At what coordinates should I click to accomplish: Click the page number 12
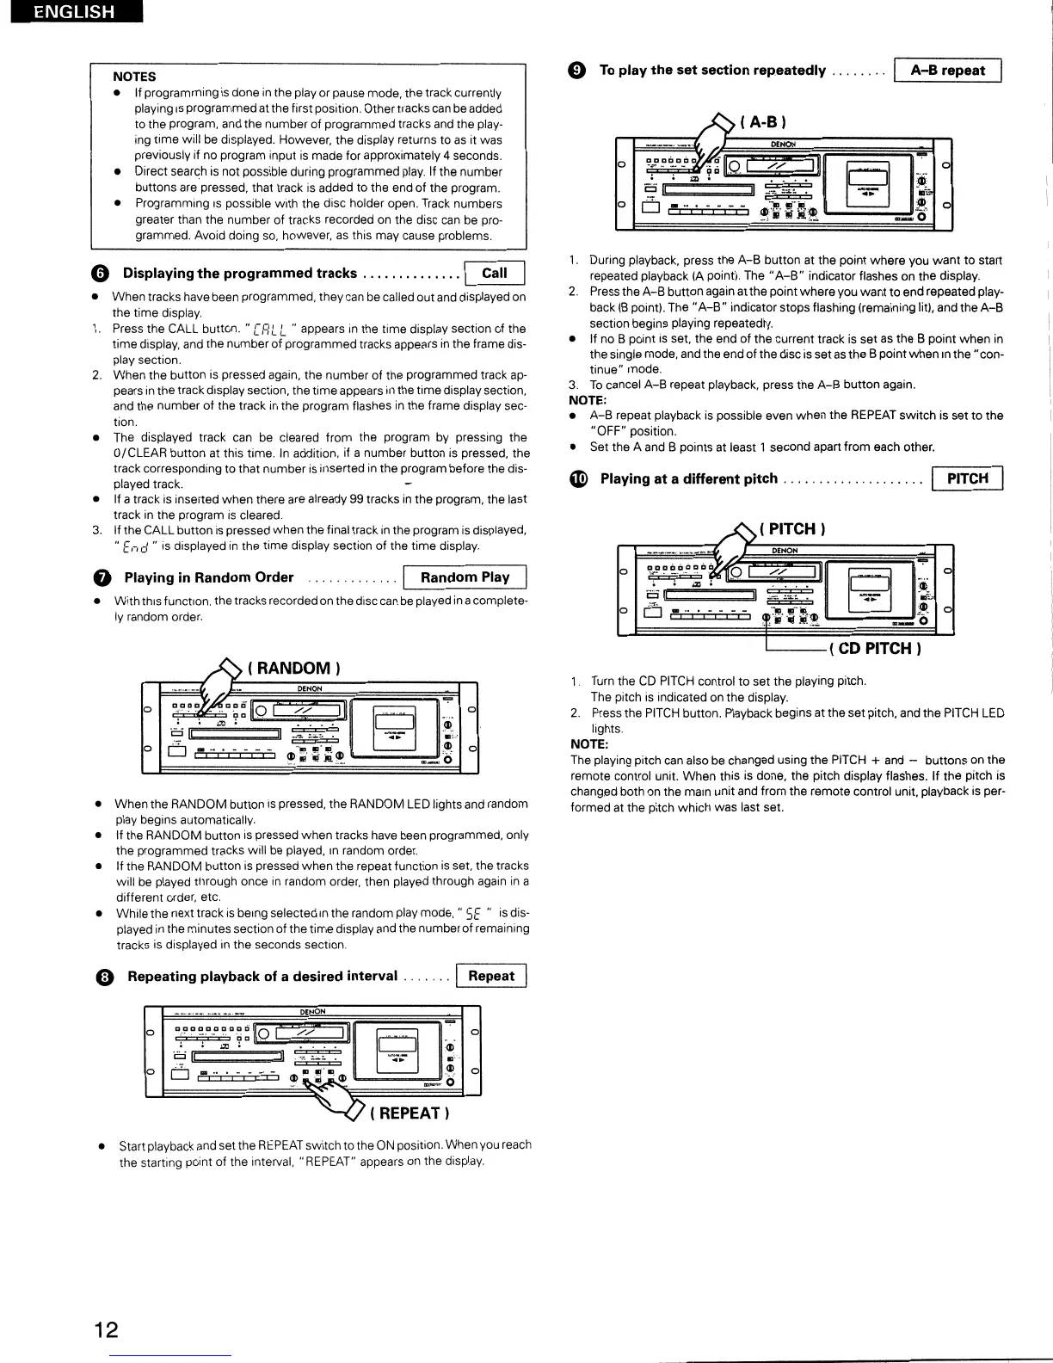(107, 1329)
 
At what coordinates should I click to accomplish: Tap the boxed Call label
(494, 274)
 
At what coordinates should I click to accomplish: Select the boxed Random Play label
(465, 577)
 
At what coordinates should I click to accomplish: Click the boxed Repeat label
(491, 976)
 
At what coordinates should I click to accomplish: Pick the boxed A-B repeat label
(947, 71)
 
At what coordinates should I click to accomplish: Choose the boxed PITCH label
(967, 478)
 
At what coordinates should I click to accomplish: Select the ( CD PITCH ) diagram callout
(875, 648)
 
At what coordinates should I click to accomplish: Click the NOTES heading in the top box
(134, 77)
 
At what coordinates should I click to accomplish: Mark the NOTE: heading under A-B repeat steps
(588, 400)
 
